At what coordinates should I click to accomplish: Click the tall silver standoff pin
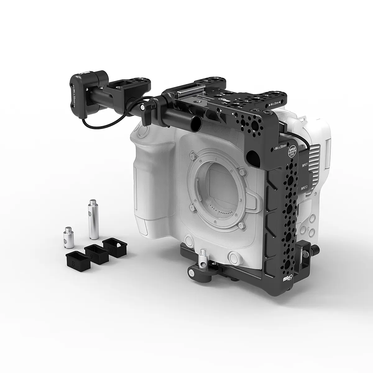point(94,219)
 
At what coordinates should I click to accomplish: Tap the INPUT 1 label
point(304,164)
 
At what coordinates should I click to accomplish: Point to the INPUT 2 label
point(304,187)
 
